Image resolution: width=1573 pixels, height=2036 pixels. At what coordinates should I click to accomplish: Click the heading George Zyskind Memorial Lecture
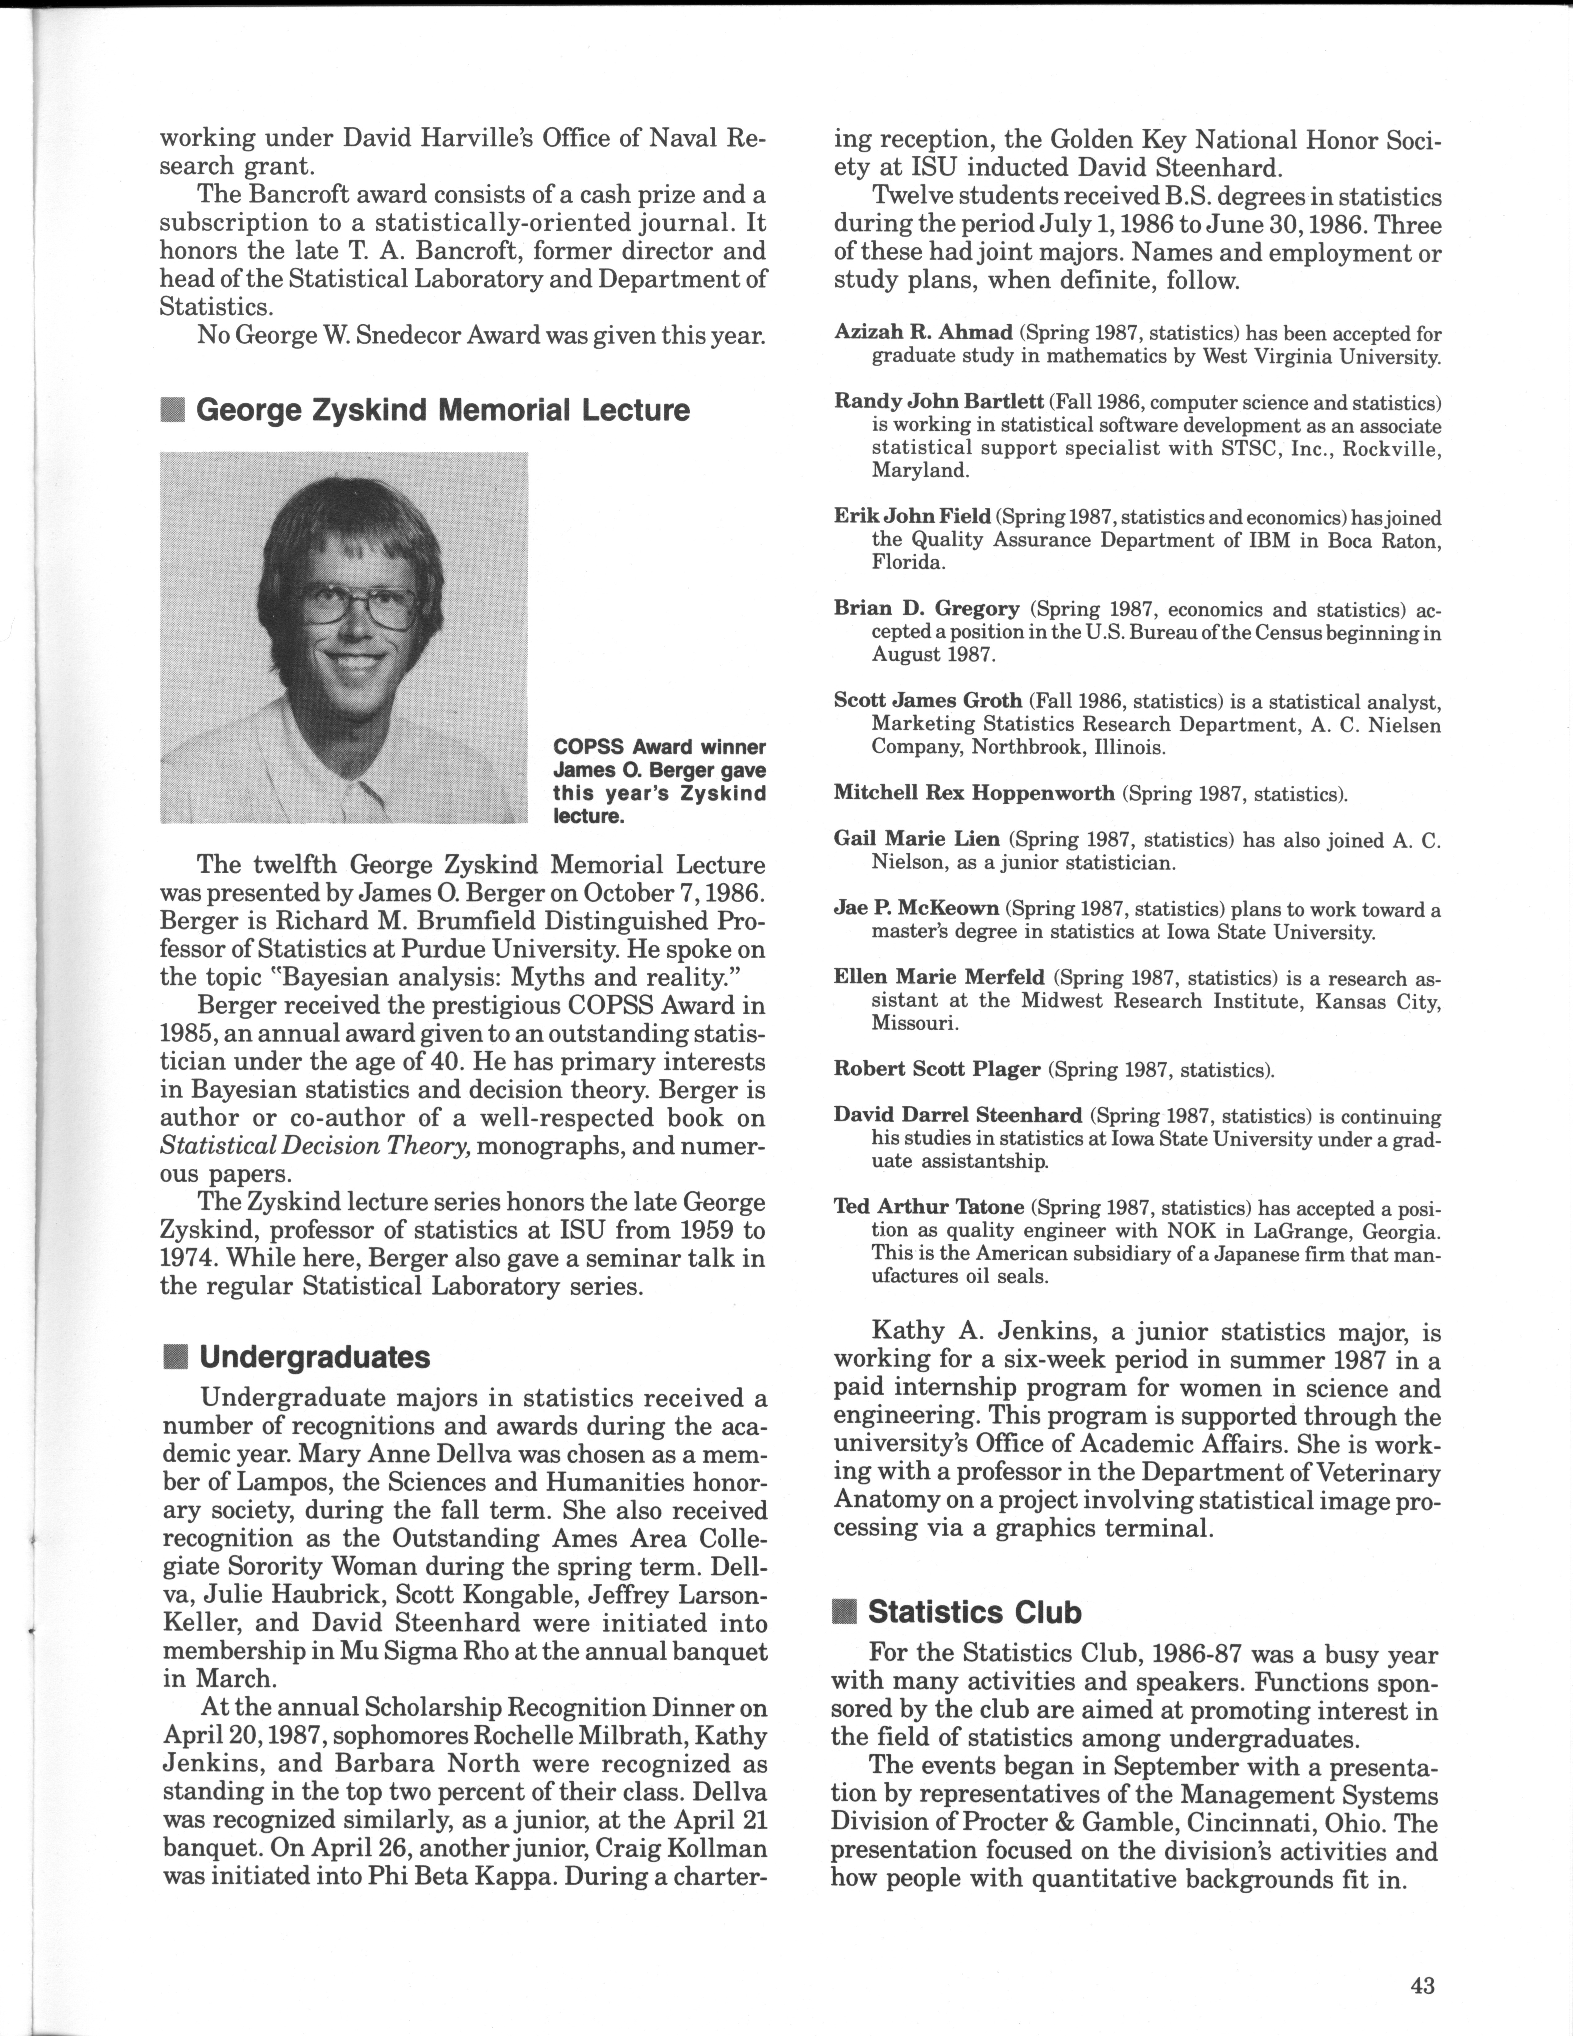tap(443, 410)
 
